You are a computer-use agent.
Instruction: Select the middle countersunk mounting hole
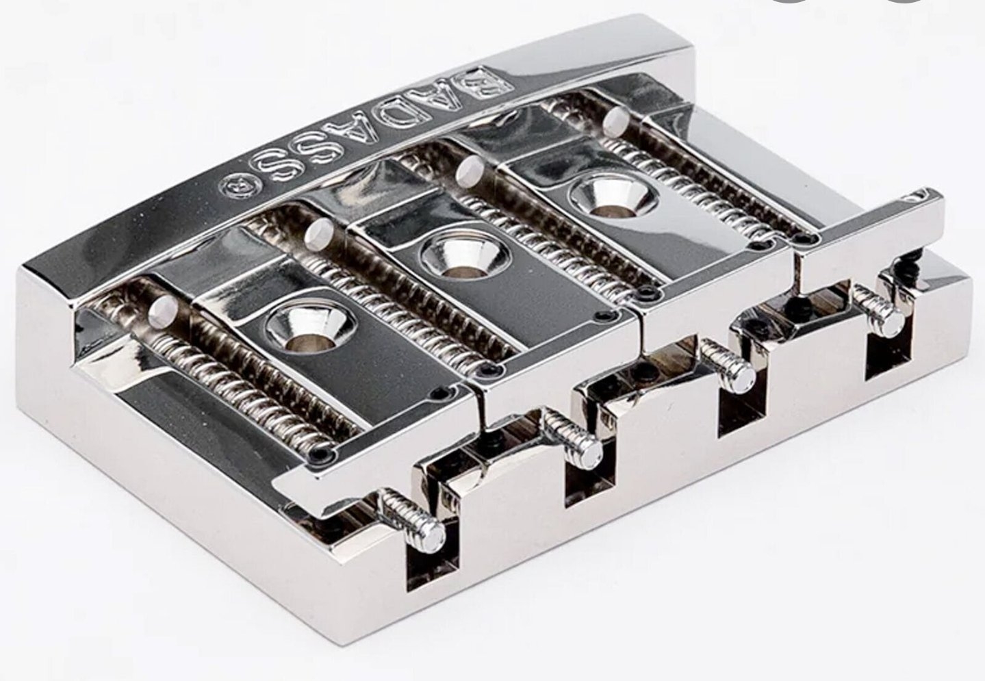click(463, 257)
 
